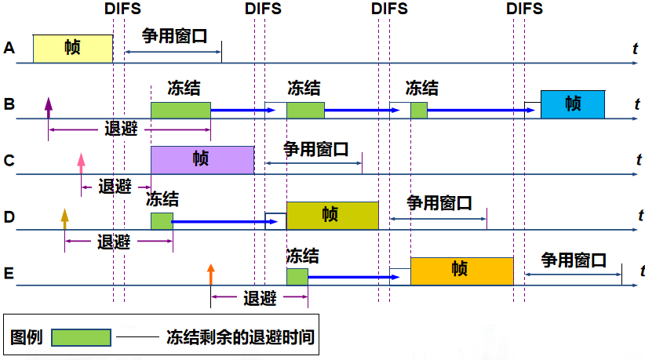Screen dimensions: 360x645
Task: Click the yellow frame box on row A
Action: point(72,49)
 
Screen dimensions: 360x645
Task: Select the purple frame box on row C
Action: point(202,159)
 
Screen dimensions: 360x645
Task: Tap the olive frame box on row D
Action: point(332,215)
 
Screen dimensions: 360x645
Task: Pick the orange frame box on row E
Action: point(461,271)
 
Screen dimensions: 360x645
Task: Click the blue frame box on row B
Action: point(573,104)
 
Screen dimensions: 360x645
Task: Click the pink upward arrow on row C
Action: point(81,163)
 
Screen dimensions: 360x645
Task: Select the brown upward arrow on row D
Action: point(65,219)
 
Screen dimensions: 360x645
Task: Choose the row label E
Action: point(9,272)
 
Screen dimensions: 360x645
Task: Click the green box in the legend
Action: point(81,337)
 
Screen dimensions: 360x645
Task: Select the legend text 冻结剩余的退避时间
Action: point(240,337)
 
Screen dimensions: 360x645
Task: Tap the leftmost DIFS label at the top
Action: point(122,9)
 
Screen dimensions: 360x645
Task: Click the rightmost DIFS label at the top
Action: point(524,9)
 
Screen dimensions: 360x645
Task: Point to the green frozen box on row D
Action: point(162,220)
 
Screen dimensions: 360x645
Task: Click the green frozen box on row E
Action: point(297,276)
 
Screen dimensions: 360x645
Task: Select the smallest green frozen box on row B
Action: point(418,110)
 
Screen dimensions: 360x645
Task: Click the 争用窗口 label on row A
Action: point(174,36)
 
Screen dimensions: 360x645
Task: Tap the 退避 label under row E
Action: point(260,298)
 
